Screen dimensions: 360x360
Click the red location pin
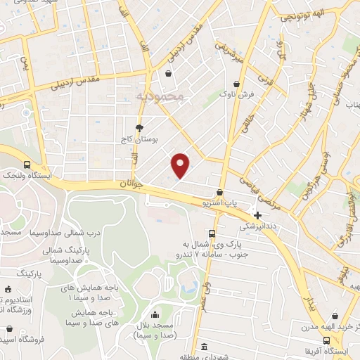(181, 165)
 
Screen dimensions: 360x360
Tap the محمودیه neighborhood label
(160, 95)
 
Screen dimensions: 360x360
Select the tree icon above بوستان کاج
(140, 127)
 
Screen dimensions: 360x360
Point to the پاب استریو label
(220, 203)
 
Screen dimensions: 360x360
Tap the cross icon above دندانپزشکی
(258, 215)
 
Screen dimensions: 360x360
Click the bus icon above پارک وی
(212, 233)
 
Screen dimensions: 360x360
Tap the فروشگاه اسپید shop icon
(9, 328)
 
